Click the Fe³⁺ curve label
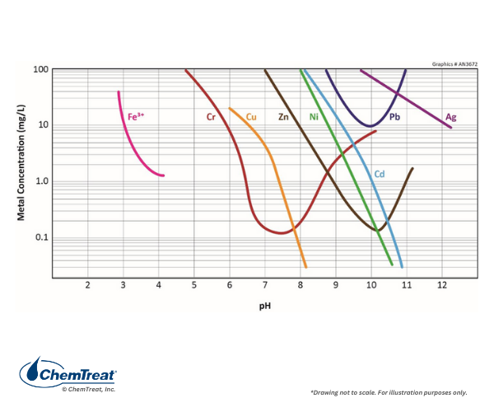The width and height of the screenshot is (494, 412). pos(136,117)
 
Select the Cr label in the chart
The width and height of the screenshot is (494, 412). pos(211,117)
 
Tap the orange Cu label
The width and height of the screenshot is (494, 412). pos(251,117)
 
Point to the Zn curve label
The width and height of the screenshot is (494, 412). pos(283,117)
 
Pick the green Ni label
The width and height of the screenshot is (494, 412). pos(314,117)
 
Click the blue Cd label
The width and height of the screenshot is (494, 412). pos(380,174)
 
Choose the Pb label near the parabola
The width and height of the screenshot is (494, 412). pos(395,117)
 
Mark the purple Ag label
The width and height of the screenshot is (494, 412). pos(450,117)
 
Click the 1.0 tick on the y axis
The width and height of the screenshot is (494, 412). pos(40,181)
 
